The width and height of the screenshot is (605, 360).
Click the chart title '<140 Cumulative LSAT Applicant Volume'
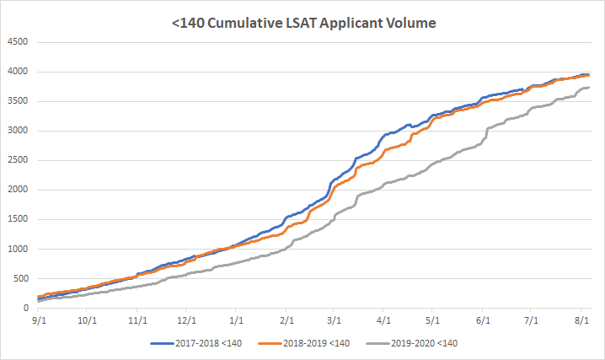pyautogui.click(x=302, y=23)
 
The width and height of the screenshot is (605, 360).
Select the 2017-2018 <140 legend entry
pyautogui.click(x=211, y=343)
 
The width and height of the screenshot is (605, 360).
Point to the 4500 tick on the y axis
pyautogui.click(x=18, y=42)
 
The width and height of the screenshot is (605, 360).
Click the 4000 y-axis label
pyautogui.click(x=18, y=72)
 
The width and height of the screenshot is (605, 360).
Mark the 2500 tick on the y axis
pyautogui.click(x=18, y=160)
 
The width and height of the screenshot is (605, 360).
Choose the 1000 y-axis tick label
pyautogui.click(x=18, y=249)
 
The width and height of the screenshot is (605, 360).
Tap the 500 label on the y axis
pyautogui.click(x=20, y=278)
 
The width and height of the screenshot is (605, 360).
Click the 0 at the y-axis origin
pyautogui.click(x=26, y=308)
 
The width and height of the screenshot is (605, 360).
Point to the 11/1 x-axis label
pyautogui.click(x=137, y=321)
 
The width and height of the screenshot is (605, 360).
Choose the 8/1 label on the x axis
pyautogui.click(x=583, y=321)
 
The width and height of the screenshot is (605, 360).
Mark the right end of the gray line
pyautogui.click(x=588, y=88)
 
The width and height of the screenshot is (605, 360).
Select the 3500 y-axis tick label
pyautogui.click(x=18, y=101)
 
